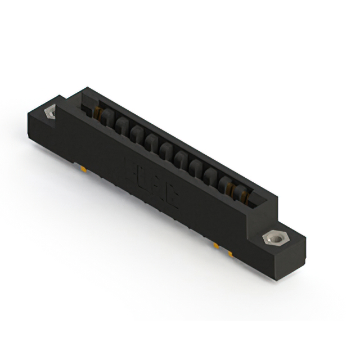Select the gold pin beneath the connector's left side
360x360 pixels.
coord(83,168)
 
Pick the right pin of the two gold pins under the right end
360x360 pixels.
coord(231,254)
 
